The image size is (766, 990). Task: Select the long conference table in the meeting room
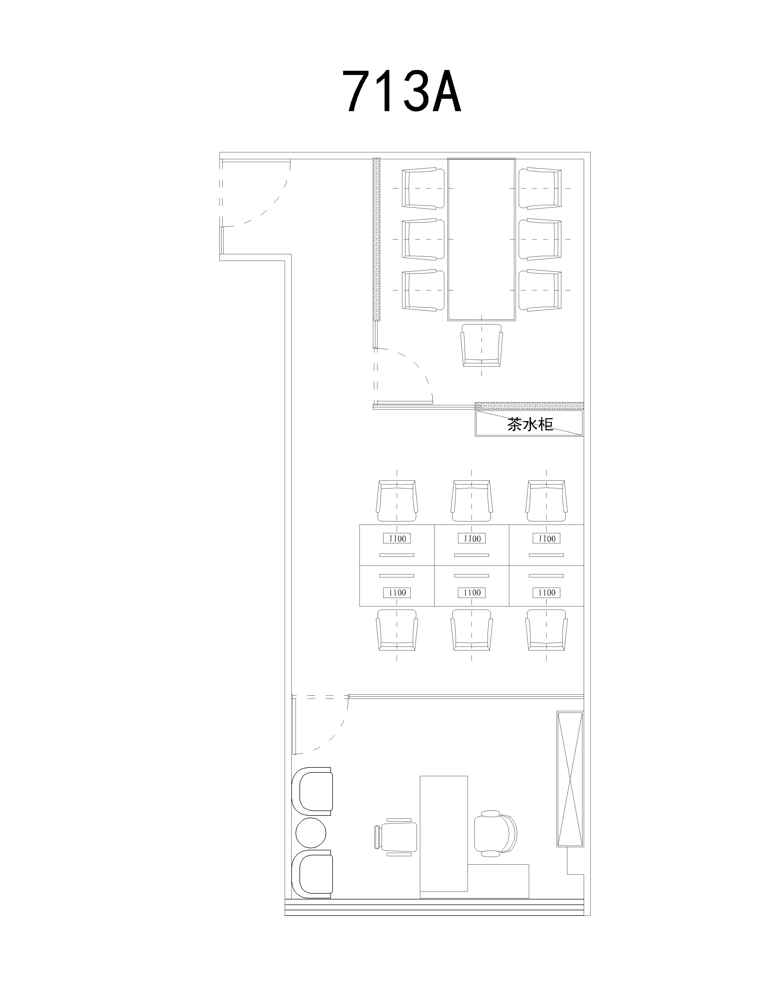coord(482,239)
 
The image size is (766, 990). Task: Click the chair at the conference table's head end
coord(482,345)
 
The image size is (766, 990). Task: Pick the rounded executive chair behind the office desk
coord(495,833)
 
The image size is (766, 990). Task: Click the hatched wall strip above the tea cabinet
coord(529,406)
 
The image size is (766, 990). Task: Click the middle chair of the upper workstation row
coord(472,501)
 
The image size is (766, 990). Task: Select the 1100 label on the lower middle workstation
coord(472,592)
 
